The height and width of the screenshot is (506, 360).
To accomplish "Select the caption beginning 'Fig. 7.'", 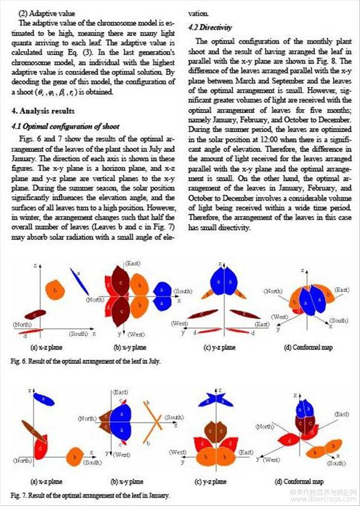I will coord(90,495).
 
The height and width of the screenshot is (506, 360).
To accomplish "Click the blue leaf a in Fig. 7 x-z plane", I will coord(43,400).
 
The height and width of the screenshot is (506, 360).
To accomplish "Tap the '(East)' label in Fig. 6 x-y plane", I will coord(132,264).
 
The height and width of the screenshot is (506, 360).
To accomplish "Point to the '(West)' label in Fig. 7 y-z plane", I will coord(179,452).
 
